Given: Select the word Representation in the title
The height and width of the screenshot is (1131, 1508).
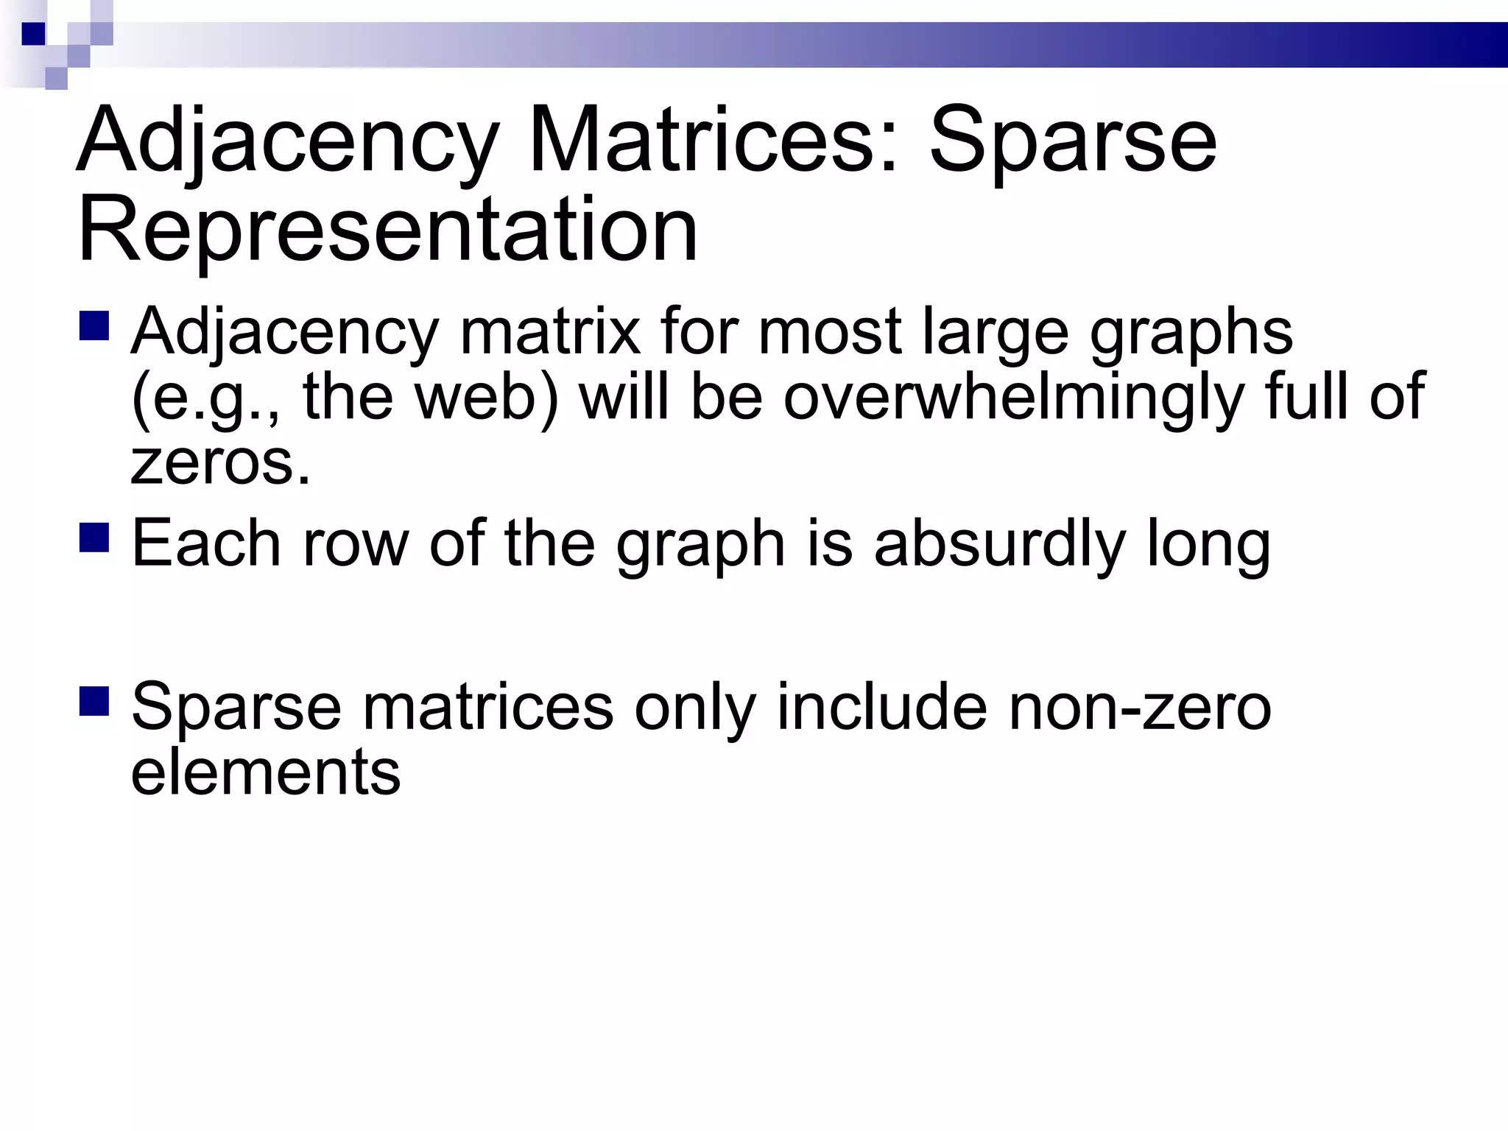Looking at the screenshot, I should pyautogui.click(x=387, y=230).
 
